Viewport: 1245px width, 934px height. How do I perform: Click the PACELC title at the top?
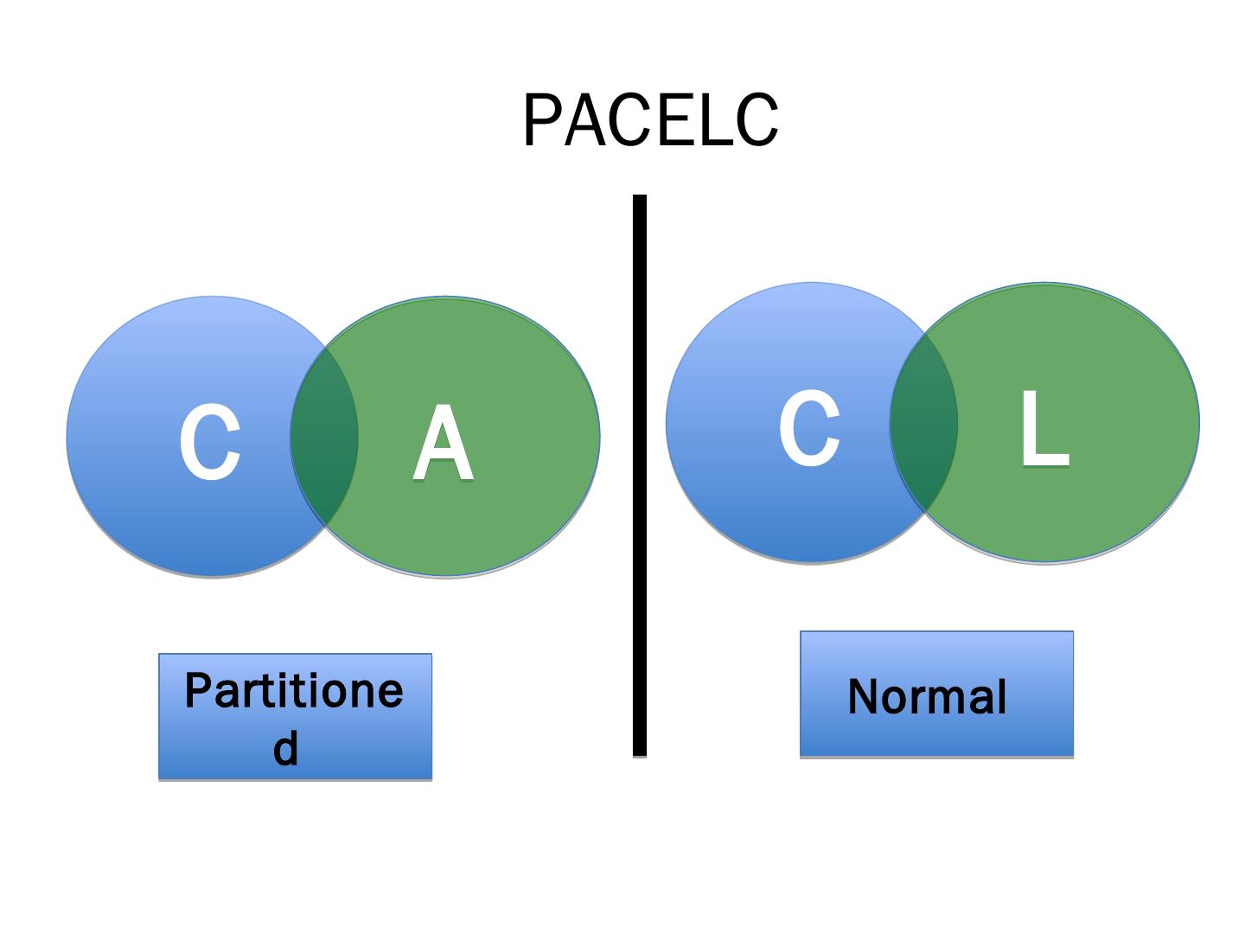650,119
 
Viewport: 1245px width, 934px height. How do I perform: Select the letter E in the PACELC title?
677,119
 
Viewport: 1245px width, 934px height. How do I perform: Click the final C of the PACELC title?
757,119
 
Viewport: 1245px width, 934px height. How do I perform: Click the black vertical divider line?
639,476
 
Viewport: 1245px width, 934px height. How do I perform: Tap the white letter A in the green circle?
443,442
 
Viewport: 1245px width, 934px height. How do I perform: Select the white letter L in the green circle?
1044,428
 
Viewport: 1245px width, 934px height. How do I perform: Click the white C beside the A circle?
210,442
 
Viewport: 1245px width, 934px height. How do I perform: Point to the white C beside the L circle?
809,428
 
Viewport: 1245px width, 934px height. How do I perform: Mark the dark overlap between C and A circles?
324,437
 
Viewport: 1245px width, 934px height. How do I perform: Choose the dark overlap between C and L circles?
923,423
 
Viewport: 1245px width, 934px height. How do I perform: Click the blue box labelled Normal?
936,694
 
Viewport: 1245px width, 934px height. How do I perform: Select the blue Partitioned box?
295,717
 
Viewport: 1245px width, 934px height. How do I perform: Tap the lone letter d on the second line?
285,747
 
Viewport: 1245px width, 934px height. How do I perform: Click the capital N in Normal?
863,696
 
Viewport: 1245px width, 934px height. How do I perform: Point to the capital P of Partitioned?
199,689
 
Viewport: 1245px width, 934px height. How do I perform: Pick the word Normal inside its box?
928,696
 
